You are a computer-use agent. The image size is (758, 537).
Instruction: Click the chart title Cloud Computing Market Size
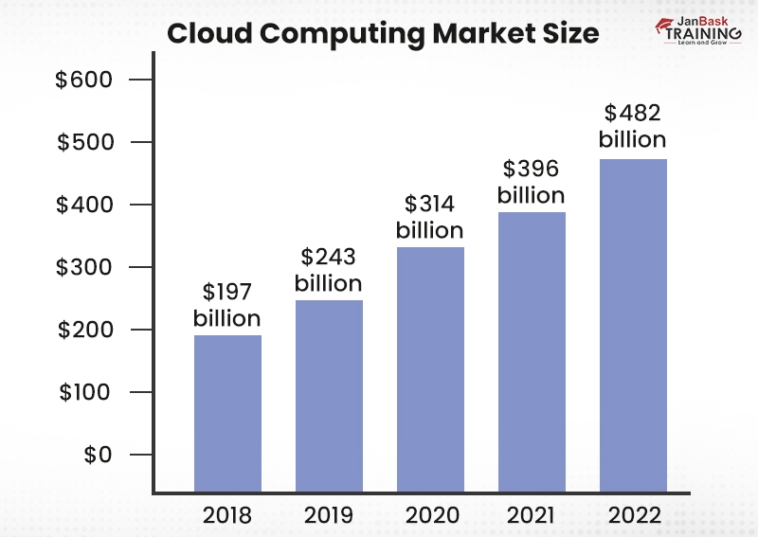(383, 34)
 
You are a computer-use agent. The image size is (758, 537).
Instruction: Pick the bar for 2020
(430, 369)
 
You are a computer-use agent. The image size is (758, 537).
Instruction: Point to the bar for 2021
(532, 350)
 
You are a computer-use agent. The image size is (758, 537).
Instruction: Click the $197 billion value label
(227, 306)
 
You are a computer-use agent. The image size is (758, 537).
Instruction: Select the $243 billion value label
(328, 270)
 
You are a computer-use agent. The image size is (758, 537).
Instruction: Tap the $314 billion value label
(429, 217)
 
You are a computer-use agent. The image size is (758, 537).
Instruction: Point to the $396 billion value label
(531, 182)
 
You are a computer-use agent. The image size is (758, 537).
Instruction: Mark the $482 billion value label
(633, 126)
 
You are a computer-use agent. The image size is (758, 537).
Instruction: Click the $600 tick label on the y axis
(84, 81)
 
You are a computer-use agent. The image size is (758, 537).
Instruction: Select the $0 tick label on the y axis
(97, 455)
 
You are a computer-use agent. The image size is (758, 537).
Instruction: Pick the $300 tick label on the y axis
(84, 267)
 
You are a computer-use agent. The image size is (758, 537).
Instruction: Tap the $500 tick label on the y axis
(84, 143)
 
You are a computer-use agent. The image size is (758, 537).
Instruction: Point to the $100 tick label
(84, 392)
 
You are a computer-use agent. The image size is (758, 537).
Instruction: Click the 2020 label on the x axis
(430, 515)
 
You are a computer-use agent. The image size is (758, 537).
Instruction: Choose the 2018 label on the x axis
(227, 515)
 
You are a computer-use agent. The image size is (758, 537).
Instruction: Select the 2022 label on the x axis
(634, 515)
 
